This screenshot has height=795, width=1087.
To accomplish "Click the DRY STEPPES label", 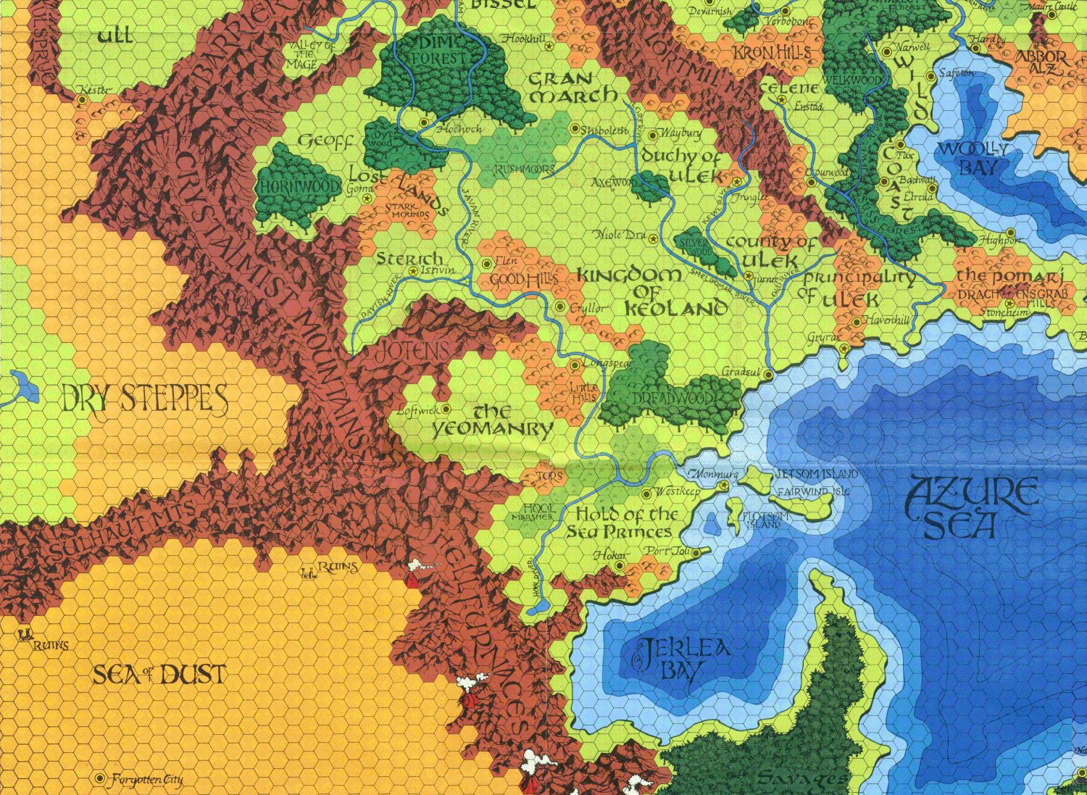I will point(145,399).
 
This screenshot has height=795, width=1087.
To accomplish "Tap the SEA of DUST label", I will point(159,675).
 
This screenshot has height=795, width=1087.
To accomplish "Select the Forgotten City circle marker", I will point(100,778).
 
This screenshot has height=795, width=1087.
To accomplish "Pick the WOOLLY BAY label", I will point(970,158).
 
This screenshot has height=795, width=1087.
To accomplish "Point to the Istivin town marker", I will point(413,271).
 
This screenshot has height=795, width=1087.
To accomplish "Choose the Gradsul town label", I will point(739,372).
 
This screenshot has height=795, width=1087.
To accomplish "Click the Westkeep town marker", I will point(646,494).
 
